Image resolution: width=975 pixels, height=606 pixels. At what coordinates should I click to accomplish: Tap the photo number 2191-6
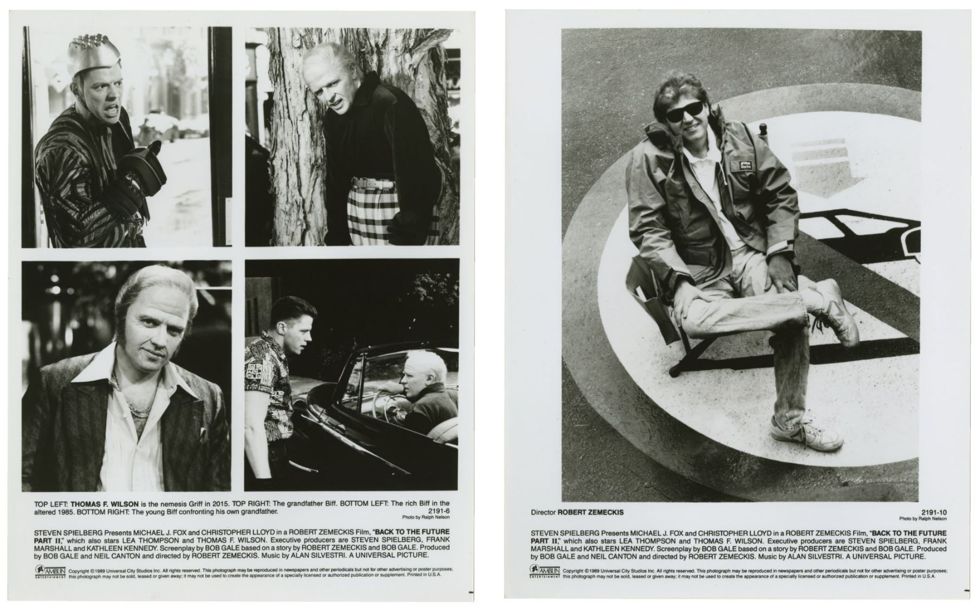point(439,511)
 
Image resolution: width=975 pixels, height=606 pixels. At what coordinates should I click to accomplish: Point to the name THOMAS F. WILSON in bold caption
point(105,504)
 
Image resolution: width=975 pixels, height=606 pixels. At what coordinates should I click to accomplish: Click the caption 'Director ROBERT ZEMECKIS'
point(577,512)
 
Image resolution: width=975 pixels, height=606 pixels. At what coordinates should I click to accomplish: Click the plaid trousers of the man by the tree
point(374,215)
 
